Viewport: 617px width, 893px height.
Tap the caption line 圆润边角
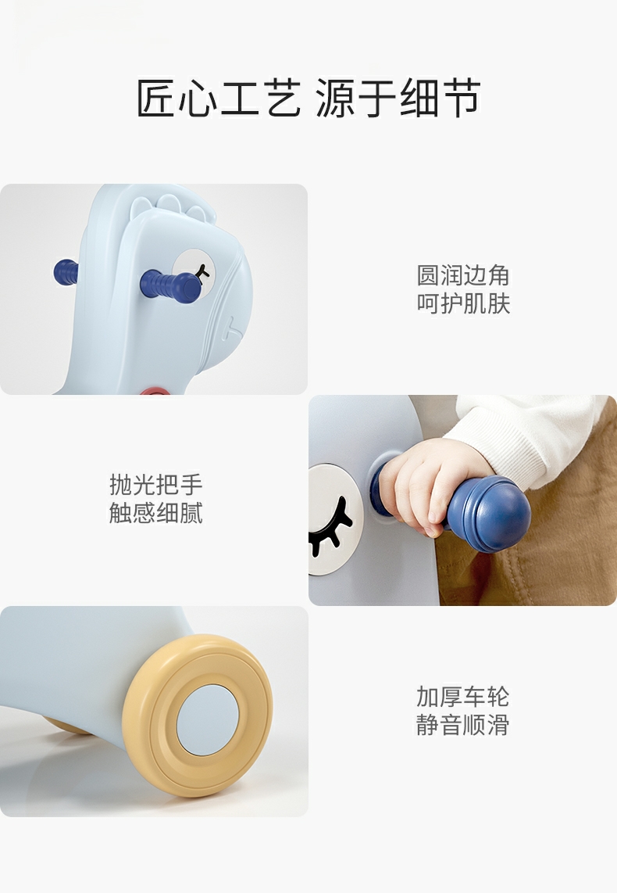click(x=462, y=275)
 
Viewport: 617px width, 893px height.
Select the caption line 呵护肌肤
click(x=462, y=303)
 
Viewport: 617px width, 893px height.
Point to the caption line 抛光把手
click(x=155, y=485)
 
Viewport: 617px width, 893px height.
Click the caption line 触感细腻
click(x=155, y=513)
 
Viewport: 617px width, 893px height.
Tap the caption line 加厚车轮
click(x=462, y=696)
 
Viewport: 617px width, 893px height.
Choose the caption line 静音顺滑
click(x=462, y=724)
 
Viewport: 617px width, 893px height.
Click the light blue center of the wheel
click(x=207, y=716)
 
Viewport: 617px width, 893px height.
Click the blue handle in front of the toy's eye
click(x=168, y=285)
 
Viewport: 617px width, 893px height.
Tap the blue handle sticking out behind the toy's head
click(x=66, y=272)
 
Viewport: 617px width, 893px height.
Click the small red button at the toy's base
click(x=155, y=390)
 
